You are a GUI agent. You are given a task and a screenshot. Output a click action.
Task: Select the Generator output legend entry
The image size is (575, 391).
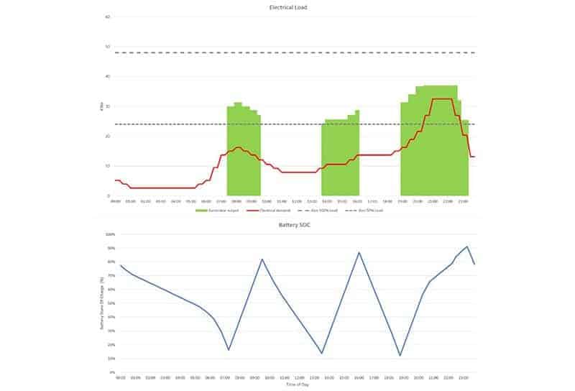tap(213, 210)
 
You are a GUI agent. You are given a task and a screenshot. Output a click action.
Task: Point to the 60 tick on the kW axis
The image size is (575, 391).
tap(108, 17)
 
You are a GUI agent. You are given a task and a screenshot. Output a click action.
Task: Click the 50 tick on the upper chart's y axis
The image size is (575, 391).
tap(108, 47)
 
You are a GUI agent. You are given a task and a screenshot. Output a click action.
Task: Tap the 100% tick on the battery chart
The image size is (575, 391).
tap(109, 234)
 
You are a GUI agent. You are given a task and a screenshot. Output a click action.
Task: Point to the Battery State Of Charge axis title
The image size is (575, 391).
tap(102, 302)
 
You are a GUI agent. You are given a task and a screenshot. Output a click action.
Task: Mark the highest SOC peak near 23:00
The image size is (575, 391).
tap(467, 247)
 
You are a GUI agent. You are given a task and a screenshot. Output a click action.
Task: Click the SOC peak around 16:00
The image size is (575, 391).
tap(359, 252)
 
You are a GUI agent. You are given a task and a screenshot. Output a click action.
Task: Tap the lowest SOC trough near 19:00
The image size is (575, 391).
tap(400, 355)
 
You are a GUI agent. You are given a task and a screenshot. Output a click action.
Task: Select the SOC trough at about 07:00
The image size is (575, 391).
tap(229, 350)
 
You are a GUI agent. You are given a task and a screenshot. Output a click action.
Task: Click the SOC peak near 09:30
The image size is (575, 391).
tap(262, 259)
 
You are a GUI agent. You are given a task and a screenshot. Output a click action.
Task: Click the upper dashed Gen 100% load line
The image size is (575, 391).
tap(287, 52)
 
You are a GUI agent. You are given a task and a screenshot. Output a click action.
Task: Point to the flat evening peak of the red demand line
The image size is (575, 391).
tap(442, 99)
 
